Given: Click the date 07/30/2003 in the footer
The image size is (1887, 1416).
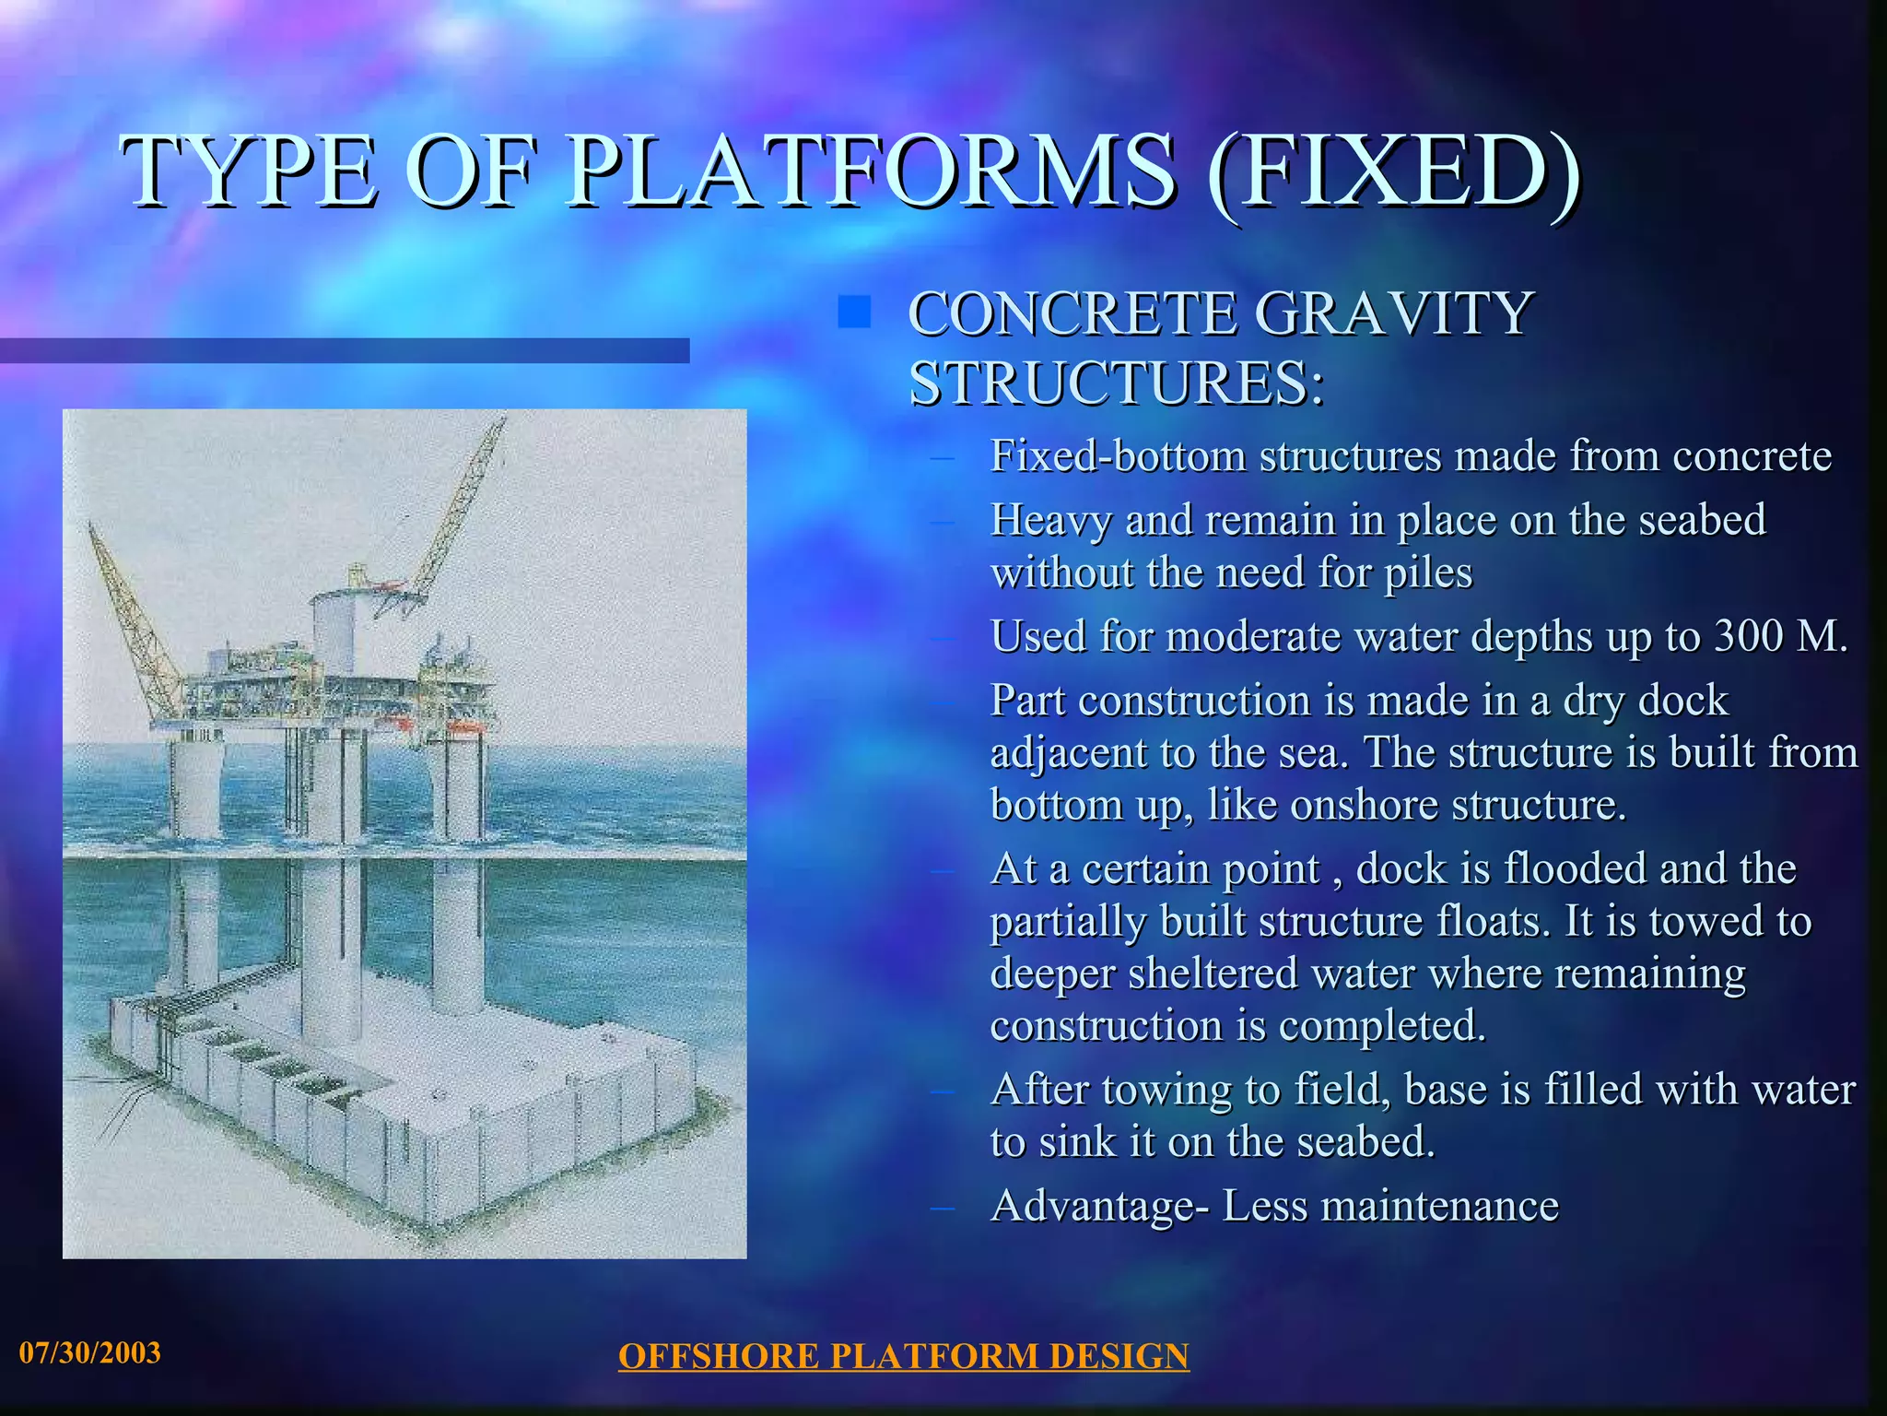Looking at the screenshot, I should click(90, 1352).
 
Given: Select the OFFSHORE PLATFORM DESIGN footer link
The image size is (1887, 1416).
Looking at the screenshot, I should click(903, 1356).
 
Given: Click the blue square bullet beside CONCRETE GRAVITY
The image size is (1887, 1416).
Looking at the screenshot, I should click(854, 313).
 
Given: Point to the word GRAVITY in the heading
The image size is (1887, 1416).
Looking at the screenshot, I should click(1393, 313).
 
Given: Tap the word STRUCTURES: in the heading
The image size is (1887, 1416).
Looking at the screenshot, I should click(1117, 383).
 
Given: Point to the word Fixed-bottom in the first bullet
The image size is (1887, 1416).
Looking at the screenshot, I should click(1118, 455).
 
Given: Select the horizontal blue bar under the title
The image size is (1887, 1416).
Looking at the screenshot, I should click(345, 350).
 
